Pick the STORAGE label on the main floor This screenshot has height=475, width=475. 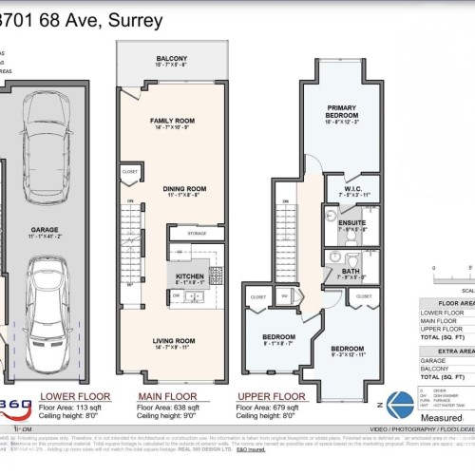197,232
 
